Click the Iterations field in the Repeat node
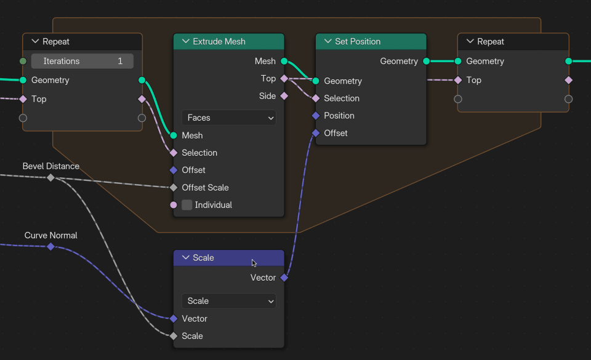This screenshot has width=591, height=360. click(82, 61)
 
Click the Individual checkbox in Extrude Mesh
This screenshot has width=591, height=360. click(187, 205)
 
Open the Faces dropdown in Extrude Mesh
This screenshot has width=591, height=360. click(228, 118)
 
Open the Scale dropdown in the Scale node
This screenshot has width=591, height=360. click(228, 301)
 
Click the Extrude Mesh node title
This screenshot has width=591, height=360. click(219, 41)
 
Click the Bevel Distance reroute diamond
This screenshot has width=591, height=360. click(50, 177)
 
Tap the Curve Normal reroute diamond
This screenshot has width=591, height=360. click(50, 246)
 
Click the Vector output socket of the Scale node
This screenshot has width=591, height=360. click(284, 278)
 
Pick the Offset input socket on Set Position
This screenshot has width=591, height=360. click(316, 133)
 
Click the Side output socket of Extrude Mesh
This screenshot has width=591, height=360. click(284, 96)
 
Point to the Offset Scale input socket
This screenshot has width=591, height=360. click(174, 188)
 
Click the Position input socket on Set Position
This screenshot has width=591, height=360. click(316, 116)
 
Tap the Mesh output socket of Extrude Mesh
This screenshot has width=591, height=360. click(284, 61)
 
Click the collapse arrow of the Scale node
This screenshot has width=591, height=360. click(186, 258)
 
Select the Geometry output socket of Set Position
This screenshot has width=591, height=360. click(426, 61)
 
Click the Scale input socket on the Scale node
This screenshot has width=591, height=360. click(174, 336)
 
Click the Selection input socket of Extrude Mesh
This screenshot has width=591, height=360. click(174, 153)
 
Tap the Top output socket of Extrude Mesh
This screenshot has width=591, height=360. click(284, 78)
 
